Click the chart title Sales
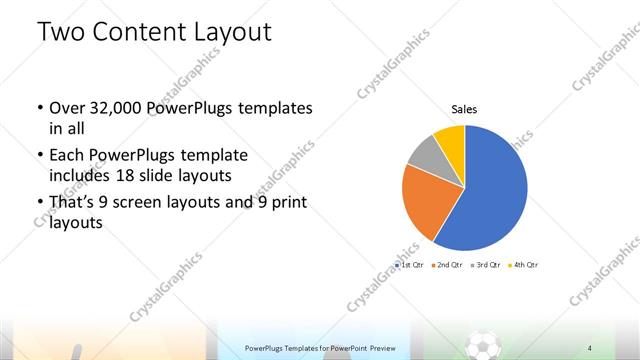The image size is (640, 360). (x=465, y=108)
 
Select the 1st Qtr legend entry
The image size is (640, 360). (x=411, y=265)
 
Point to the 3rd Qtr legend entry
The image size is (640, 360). (x=485, y=265)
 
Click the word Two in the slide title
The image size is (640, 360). (x=59, y=32)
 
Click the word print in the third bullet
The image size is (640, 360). (x=287, y=203)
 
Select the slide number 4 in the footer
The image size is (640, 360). (x=590, y=347)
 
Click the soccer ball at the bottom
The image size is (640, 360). (x=483, y=346)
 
